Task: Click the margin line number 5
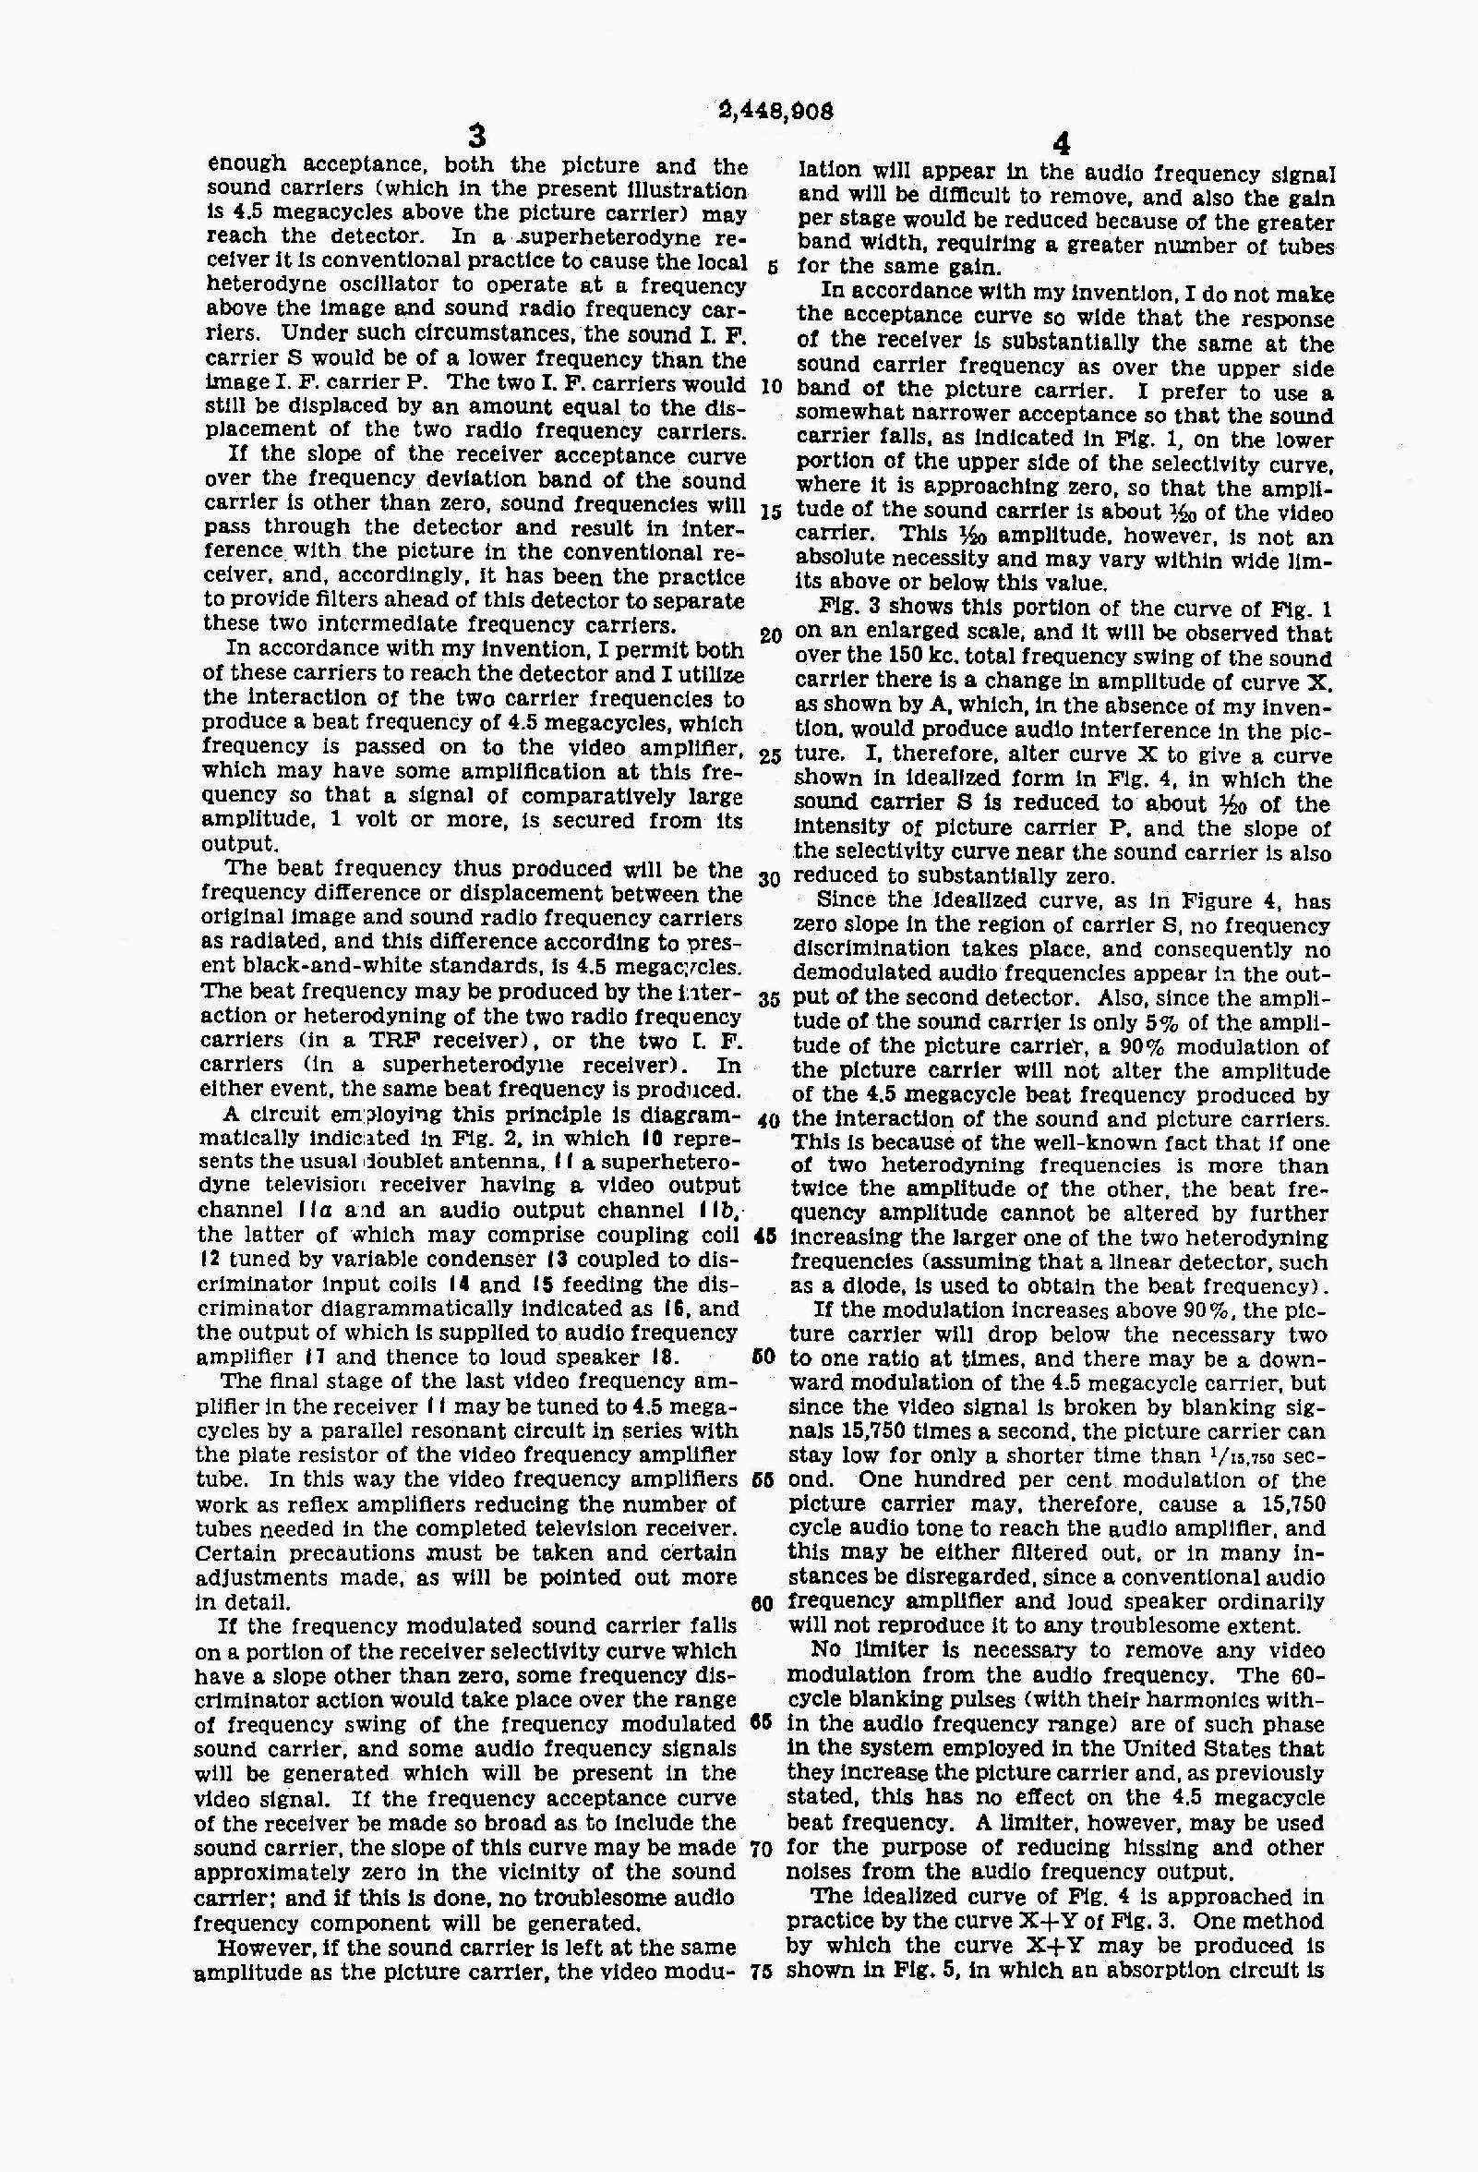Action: pos(771,265)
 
